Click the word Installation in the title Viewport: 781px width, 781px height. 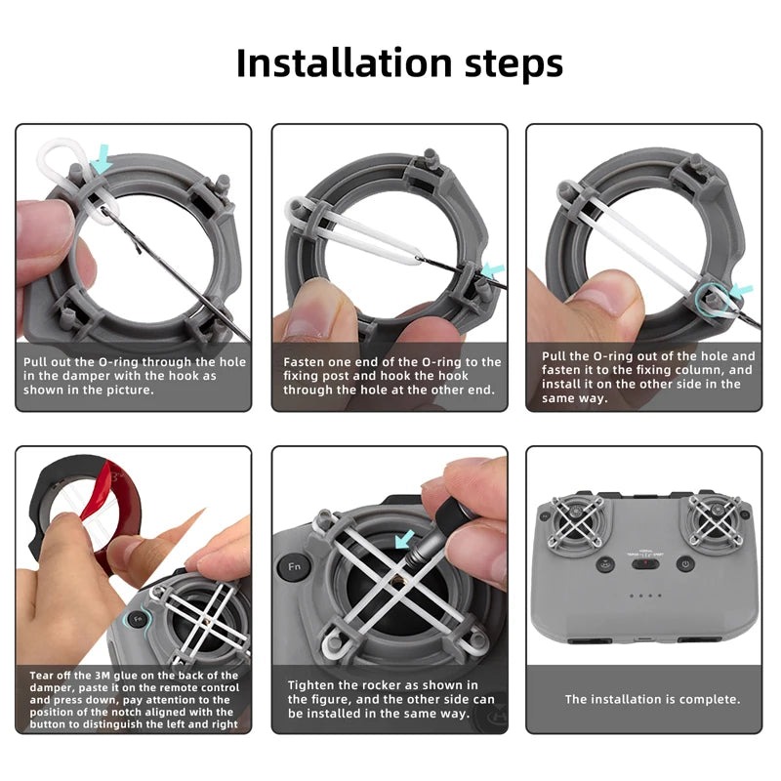coord(345,62)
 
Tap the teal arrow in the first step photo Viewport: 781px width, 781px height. coord(103,159)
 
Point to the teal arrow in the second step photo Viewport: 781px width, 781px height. coord(493,270)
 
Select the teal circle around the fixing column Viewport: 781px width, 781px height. coord(712,300)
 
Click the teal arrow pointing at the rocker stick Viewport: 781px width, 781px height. coord(404,539)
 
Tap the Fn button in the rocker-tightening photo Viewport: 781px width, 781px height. coord(295,566)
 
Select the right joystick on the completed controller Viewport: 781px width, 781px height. coord(716,520)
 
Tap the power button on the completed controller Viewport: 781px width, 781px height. coord(685,564)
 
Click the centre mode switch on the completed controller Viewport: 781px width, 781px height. coord(645,564)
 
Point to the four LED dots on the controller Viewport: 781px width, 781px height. coord(645,596)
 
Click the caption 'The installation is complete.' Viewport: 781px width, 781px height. coord(652,699)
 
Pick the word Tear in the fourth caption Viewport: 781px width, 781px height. coord(41,676)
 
